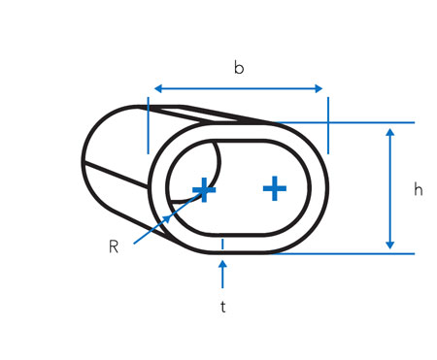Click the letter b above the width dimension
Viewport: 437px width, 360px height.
tap(239, 68)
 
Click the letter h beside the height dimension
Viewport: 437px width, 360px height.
tap(419, 189)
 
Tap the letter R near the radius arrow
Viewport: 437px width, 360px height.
tap(114, 247)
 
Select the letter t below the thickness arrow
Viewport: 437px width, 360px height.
tap(223, 307)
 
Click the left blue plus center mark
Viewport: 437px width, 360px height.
tap(204, 190)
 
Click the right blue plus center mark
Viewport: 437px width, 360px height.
tap(275, 188)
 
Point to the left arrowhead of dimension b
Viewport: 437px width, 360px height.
tap(158, 88)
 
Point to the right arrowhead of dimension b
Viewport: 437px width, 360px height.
tap(319, 88)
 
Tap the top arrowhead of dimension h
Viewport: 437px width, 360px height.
tap(390, 132)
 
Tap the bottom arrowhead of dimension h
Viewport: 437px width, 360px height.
tap(390, 245)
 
